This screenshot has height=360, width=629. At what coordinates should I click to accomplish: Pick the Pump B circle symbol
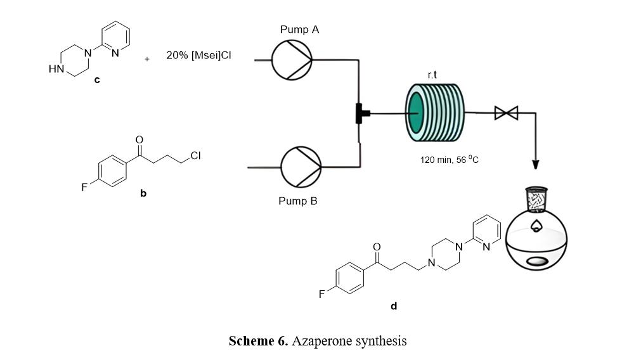[x=301, y=167]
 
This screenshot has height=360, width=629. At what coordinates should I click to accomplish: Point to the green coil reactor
[x=435, y=113]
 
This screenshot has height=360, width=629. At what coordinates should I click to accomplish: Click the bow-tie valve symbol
[x=506, y=113]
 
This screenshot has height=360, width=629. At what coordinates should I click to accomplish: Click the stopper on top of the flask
[x=536, y=197]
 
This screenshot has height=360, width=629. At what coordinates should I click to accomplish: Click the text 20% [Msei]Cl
[x=198, y=56]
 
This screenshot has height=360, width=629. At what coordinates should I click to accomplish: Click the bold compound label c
[x=96, y=81]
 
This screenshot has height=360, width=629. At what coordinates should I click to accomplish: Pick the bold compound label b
[x=143, y=193]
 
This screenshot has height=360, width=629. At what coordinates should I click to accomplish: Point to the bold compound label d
[x=394, y=306]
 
